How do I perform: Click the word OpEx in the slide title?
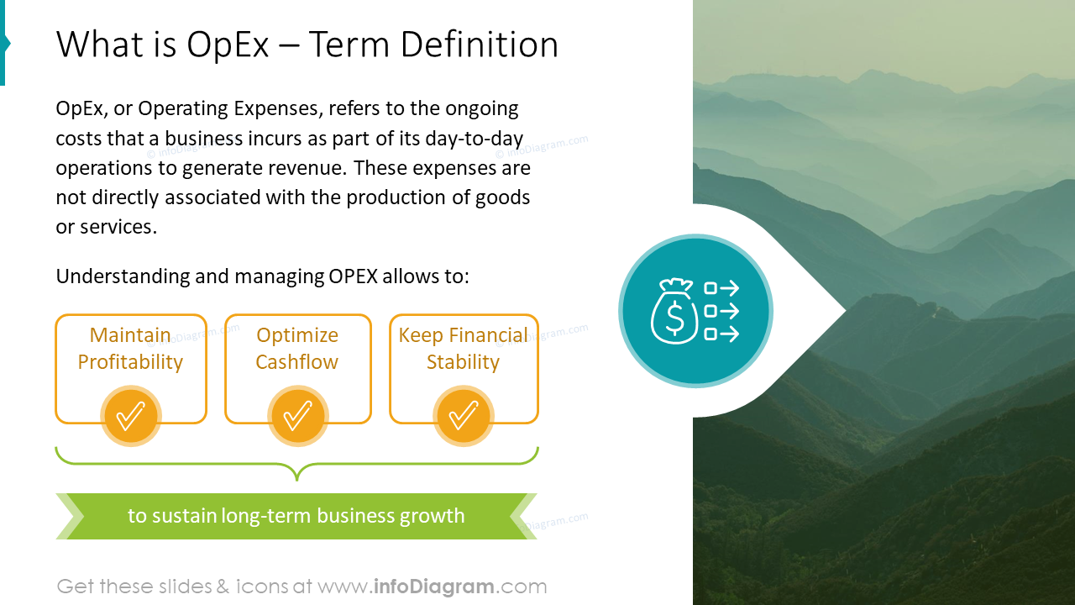(x=228, y=45)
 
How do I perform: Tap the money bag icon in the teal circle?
(x=674, y=312)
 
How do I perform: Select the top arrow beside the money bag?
(x=721, y=289)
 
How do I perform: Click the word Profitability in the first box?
(x=130, y=362)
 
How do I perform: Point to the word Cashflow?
(x=296, y=362)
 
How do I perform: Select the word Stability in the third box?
(x=463, y=362)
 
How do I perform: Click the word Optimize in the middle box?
(x=297, y=335)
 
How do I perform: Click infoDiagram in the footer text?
(x=432, y=587)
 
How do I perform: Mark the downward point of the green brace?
(x=297, y=478)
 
